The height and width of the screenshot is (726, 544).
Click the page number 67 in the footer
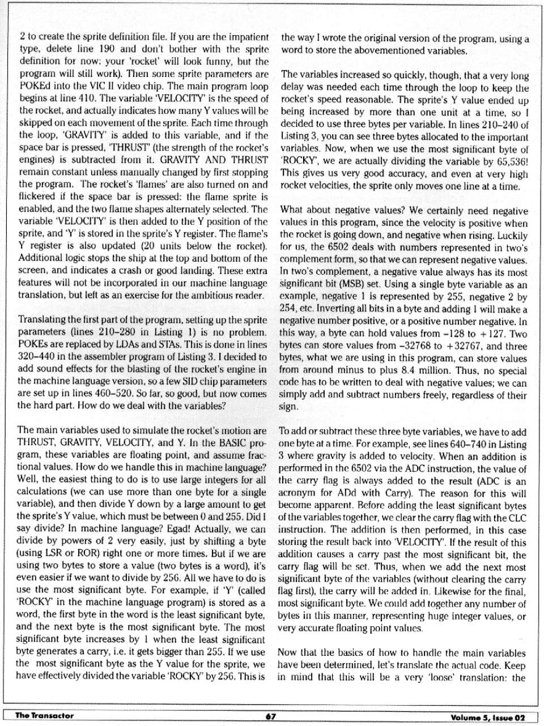[271, 716]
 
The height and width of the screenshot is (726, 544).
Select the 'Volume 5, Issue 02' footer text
[487, 717]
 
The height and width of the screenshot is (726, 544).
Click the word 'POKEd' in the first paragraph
[35, 86]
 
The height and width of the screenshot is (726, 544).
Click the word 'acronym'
[295, 493]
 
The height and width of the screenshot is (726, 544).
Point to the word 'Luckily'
[512, 235]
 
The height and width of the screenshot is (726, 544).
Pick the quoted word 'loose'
[433, 678]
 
